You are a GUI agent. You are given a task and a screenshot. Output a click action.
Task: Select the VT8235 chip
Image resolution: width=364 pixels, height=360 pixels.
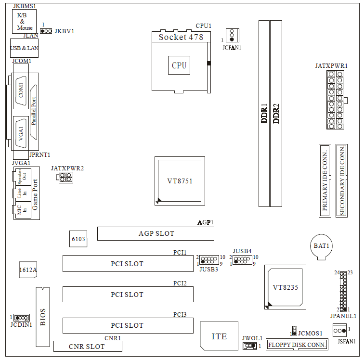coord(286,287)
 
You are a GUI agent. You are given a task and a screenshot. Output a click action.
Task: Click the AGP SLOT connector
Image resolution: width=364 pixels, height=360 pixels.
coord(155,234)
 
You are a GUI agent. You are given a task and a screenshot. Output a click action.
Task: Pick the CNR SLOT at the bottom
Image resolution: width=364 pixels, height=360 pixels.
coord(87,347)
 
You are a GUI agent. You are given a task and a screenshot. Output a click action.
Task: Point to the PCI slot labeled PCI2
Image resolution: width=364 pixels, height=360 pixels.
coord(128,295)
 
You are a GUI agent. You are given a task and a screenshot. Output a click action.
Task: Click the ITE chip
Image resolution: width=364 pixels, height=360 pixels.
coord(219,336)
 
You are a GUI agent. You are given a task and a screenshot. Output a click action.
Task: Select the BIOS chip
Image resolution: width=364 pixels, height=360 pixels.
coord(42,317)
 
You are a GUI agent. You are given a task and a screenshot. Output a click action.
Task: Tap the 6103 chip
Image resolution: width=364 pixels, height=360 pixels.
coord(78,239)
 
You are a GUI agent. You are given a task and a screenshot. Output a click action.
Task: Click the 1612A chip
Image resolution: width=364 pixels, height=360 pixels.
coord(28,270)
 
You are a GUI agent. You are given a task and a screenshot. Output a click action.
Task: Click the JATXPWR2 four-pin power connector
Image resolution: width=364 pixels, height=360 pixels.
coord(65,178)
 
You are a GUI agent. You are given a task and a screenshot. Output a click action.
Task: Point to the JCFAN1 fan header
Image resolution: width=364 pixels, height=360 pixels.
coord(232,35)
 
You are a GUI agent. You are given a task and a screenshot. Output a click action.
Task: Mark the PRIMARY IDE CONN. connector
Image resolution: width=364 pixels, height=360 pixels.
coord(325,180)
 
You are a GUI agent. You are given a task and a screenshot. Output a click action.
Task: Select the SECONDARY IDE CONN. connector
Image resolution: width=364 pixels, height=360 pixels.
coord(341,180)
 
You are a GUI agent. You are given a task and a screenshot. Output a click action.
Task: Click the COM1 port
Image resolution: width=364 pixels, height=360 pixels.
coord(21,90)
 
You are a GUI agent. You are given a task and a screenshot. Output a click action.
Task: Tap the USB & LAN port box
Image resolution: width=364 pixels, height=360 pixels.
coord(25,48)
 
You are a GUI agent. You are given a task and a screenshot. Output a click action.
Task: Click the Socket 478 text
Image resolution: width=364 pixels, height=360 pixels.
coord(181,37)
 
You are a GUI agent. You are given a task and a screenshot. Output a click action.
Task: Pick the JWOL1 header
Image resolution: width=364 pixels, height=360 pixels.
coord(249,346)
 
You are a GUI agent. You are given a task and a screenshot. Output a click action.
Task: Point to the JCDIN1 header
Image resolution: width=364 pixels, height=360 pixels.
coord(21,318)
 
